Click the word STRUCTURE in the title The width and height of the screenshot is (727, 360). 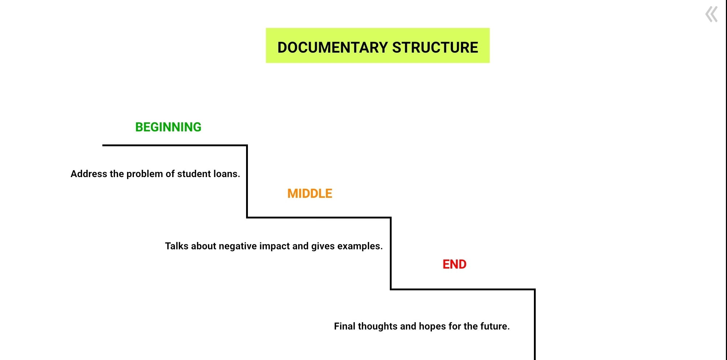point(435,48)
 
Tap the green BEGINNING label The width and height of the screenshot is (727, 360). point(168,127)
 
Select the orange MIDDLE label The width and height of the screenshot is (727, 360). point(310,193)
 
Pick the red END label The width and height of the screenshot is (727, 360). point(454,264)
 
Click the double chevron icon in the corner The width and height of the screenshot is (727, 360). point(711,15)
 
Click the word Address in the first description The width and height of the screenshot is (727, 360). point(89,174)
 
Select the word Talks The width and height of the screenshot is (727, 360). point(177,246)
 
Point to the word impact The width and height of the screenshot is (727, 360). point(274,246)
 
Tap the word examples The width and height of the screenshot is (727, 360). point(360,246)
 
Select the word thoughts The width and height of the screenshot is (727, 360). point(377,326)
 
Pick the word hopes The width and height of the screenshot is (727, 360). point(432,327)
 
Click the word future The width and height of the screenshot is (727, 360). point(495,326)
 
